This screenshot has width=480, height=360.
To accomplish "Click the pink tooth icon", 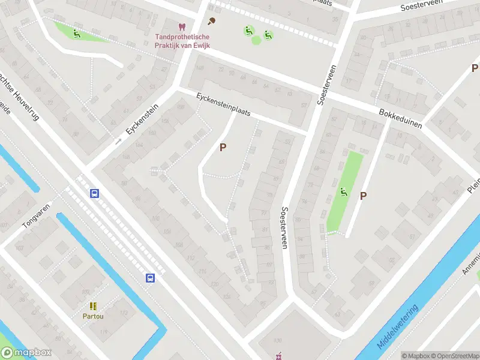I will point(182,27).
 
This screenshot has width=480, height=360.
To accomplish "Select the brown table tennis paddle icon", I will point(211,22).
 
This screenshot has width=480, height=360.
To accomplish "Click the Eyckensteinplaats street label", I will point(223,105).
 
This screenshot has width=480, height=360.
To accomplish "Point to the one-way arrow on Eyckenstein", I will point(118,141).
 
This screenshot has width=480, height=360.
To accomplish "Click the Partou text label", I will point(93,316).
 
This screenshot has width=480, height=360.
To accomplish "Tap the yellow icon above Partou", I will point(93,306).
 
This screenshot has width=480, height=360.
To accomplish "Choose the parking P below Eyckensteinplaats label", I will point(223,147).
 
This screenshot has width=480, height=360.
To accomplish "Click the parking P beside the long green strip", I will point(363,196).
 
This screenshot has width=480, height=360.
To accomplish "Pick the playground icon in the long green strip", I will point(344,192).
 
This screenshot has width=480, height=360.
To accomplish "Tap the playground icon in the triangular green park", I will point(76,33).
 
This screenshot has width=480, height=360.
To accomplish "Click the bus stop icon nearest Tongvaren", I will point(94,193).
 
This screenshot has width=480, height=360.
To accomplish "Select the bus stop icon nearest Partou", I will point(151,278).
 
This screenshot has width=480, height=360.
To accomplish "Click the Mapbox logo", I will point(26,353).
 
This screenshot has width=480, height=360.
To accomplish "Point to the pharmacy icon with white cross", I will point(277,357).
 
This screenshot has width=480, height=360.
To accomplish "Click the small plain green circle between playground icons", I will point(256,40).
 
